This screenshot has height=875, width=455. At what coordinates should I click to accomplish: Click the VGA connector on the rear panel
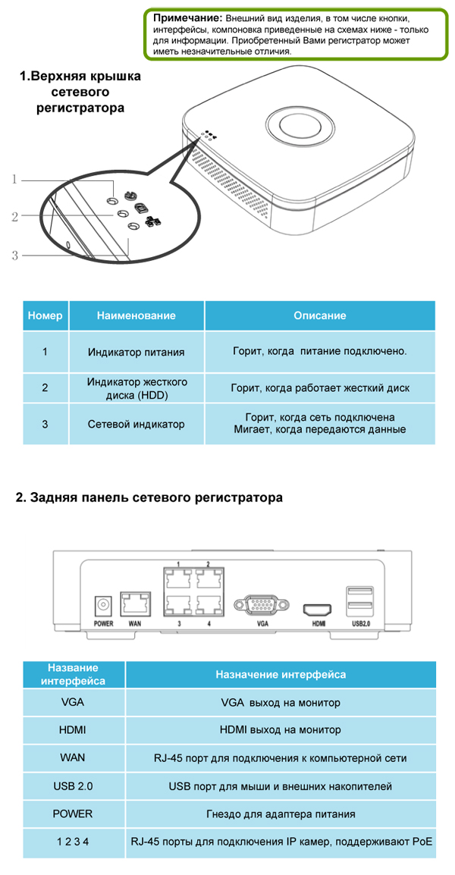(262, 604)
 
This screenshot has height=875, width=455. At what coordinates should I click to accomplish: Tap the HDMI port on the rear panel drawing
(317, 608)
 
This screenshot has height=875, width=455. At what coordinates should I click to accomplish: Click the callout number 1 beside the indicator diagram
(16, 180)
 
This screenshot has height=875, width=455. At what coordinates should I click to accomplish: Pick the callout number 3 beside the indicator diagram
(16, 256)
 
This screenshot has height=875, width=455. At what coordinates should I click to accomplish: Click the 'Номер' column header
(45, 315)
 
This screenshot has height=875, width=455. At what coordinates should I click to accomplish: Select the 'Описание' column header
(320, 315)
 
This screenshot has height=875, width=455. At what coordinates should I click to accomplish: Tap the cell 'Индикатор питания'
(136, 352)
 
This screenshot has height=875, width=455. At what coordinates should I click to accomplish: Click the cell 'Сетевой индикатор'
(136, 424)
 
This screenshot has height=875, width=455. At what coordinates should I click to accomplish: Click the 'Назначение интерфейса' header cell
(281, 675)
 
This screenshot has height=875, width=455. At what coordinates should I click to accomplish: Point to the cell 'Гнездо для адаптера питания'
(281, 814)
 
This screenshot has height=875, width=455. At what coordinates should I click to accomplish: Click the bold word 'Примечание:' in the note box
(180, 18)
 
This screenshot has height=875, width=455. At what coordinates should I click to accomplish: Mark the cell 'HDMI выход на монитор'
(280, 729)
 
